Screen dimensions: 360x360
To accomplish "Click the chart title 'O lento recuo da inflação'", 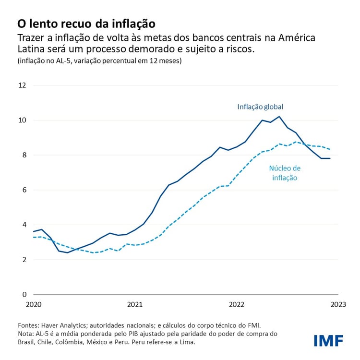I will [x=86, y=23].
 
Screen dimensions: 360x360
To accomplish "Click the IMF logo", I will [x=328, y=341].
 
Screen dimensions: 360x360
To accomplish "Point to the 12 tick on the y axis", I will [x=23, y=85].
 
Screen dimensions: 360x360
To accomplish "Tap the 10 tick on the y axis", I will [x=23, y=120].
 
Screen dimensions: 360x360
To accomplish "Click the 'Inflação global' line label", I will [x=264, y=107].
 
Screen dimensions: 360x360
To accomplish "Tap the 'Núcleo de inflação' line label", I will [x=285, y=173].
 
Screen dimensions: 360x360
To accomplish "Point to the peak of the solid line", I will [x=279, y=116].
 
